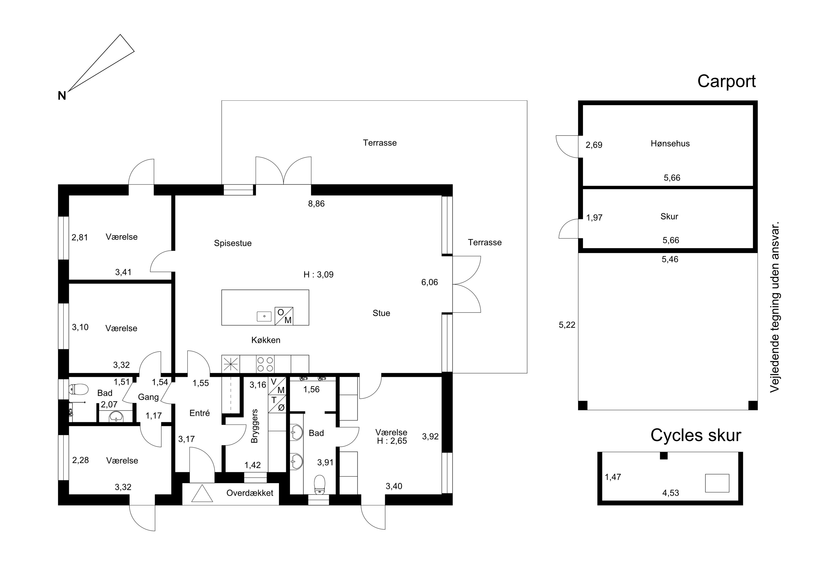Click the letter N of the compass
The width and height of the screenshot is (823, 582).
point(62,96)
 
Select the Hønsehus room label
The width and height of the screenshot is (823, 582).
point(670,144)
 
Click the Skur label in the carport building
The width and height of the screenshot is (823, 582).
point(669,217)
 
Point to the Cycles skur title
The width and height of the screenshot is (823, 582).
point(696,435)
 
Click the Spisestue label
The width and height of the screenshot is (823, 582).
point(233,243)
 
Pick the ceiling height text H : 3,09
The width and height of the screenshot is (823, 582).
point(318,275)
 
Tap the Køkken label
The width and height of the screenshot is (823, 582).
point(266,340)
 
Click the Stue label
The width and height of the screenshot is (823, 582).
point(381,313)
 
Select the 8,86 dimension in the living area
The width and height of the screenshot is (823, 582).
point(316,204)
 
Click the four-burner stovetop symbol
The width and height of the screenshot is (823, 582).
point(265,364)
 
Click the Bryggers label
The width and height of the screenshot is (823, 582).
point(255,426)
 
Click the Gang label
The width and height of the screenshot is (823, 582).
point(148,397)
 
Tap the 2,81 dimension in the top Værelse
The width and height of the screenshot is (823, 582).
point(80,237)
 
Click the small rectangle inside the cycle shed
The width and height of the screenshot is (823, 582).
point(717,483)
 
